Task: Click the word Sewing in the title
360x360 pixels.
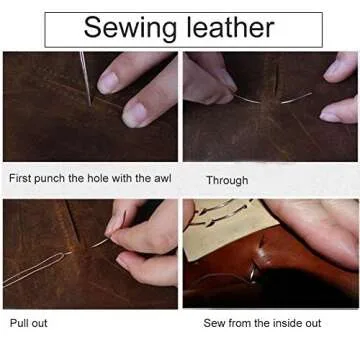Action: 125,26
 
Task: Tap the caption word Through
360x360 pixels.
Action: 227,180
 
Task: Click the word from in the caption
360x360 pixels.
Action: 243,323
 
